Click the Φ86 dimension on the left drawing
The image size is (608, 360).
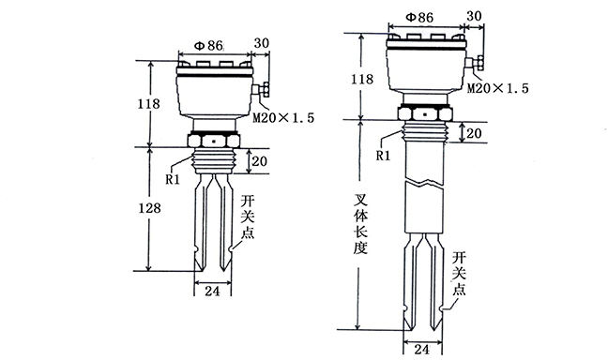tap(208, 46)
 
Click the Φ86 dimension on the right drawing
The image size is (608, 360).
tap(419, 18)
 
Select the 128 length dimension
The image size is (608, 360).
tap(150, 208)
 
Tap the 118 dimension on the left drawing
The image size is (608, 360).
tap(149, 103)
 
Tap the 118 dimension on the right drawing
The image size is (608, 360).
tap(362, 79)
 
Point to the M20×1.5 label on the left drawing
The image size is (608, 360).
tap(283, 117)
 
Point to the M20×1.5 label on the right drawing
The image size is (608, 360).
tap(498, 88)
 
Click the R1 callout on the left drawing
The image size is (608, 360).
tap(173, 179)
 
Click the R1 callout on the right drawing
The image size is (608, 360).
tap(383, 156)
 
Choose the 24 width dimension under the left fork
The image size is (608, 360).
tap(212, 291)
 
